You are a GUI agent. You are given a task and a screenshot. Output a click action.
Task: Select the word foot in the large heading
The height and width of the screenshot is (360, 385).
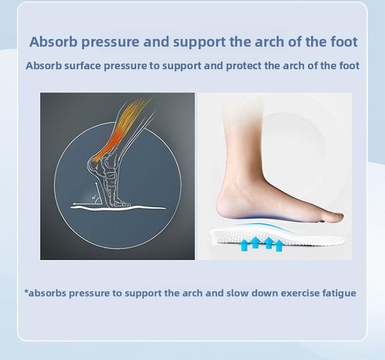coord(341,42)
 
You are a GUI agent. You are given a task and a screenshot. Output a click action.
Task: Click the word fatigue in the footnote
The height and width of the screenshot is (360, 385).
coord(337,293)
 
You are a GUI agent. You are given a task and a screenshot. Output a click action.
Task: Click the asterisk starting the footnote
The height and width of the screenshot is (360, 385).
coord(26,292)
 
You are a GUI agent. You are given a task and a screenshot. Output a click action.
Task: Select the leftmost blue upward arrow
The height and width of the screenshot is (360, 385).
coord(243,244)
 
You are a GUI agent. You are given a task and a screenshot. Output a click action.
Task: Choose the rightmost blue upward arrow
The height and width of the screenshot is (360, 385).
coord(279,245)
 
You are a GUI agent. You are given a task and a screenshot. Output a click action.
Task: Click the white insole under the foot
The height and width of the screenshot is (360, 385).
coord(226,237)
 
